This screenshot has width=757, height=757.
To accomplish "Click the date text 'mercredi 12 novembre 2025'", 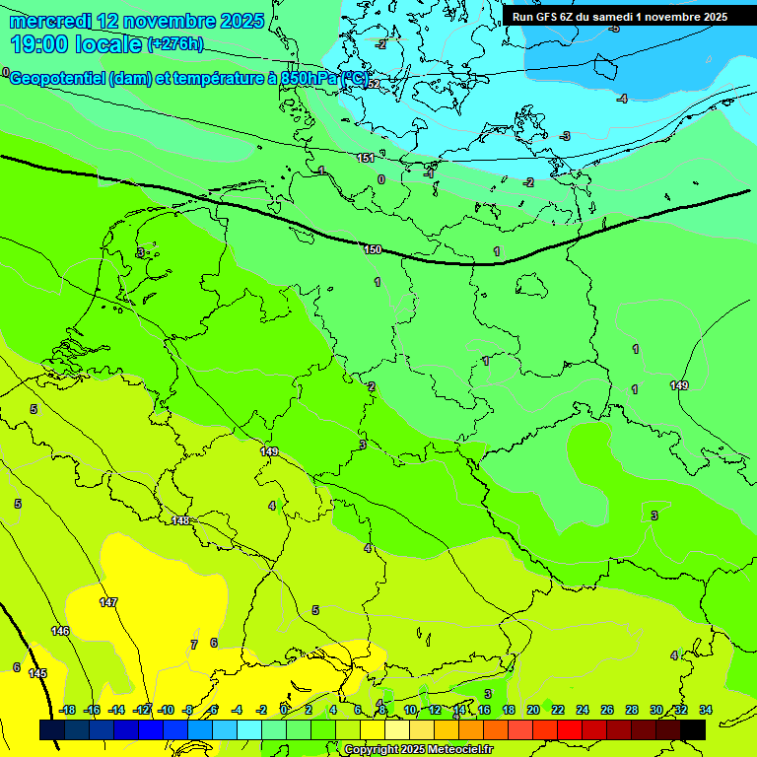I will point(137,21).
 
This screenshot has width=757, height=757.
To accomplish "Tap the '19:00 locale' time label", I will point(76,44).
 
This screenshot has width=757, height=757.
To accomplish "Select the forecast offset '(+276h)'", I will point(175,44).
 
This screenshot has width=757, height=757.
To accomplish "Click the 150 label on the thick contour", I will point(373,249).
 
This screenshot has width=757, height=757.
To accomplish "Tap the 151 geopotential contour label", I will point(366,158).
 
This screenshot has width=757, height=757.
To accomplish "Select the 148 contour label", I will point(180,520).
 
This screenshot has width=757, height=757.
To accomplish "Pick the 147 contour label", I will point(108,601).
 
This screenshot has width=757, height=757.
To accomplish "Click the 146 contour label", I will point(60,631).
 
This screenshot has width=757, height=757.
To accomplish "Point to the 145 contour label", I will point(37,673).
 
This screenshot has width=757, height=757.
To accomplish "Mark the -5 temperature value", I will point(613,28).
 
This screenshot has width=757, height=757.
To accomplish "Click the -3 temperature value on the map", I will point(565,136).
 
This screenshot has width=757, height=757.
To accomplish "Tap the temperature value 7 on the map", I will point(193,645).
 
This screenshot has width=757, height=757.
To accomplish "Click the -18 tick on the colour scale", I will point(67,710).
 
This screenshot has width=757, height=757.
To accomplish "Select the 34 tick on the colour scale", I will point(706,710).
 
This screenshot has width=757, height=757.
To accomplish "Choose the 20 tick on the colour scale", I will point(532,710).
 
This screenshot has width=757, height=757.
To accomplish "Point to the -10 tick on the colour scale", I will point(166,710).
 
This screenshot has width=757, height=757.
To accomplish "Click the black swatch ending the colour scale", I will point(692,729).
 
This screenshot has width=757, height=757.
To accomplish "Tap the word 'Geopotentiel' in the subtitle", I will point(56,79).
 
